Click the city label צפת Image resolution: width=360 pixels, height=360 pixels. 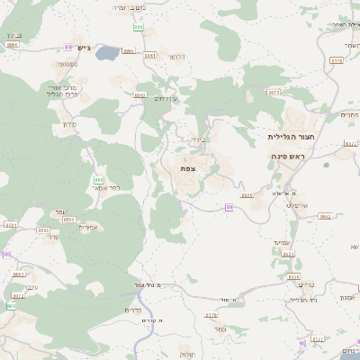tap(187, 168)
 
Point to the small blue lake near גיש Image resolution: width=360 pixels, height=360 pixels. tap(106, 53)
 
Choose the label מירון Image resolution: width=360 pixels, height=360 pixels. tap(69, 124)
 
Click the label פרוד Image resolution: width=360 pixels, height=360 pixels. tap(51, 237)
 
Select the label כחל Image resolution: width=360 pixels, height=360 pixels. tap(220, 328)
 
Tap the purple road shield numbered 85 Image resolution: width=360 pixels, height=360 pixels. tap(6, 255)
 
